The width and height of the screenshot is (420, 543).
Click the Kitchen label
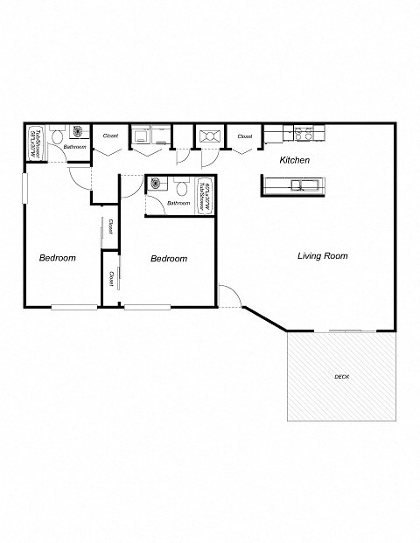tap(294, 161)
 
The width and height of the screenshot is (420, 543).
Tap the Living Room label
tap(323, 256)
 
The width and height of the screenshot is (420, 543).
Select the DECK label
tap(341, 377)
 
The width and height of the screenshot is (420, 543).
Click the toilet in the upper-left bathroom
tap(55, 136)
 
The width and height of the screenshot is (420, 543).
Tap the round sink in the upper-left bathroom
tap(76, 133)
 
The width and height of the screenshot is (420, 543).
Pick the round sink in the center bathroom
tap(157, 184)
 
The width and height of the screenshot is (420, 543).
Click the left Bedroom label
tap(58, 258)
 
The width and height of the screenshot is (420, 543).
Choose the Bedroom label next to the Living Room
tap(169, 259)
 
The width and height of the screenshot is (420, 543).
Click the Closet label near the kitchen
tap(245, 136)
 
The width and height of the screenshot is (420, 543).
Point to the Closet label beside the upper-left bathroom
tap(110, 136)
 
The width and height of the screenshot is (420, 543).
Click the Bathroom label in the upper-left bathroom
tap(74, 147)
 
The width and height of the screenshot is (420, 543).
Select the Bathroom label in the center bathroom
tap(178, 203)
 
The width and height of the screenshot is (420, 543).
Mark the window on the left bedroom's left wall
tap(24, 189)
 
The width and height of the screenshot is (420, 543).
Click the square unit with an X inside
tap(209, 136)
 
